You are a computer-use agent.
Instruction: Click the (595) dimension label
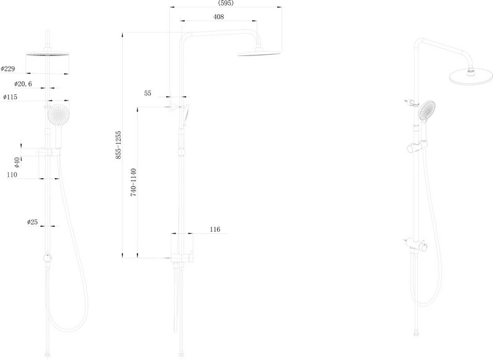(x=226, y=3)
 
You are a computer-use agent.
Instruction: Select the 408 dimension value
(x=219, y=17)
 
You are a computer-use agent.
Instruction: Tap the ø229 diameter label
(x=8, y=68)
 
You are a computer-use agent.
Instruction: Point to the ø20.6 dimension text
(x=23, y=84)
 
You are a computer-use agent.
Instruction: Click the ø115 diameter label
(x=10, y=97)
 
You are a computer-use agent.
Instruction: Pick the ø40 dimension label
(x=17, y=163)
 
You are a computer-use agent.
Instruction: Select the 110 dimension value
(x=12, y=174)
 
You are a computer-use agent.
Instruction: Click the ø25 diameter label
(x=33, y=222)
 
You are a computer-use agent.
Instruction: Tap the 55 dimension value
(x=148, y=93)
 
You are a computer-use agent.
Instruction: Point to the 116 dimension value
(x=215, y=229)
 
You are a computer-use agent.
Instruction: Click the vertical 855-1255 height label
(x=118, y=145)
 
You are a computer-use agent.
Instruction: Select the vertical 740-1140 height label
(x=134, y=182)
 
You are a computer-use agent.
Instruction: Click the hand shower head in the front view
(x=57, y=115)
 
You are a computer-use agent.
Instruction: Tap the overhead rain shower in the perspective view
(x=471, y=76)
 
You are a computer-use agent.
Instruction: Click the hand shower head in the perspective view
(x=426, y=110)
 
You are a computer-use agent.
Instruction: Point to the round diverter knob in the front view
(x=48, y=258)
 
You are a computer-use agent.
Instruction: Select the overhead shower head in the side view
(x=258, y=53)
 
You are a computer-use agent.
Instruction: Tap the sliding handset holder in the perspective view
(x=418, y=147)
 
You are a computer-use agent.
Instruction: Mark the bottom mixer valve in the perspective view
(x=415, y=245)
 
